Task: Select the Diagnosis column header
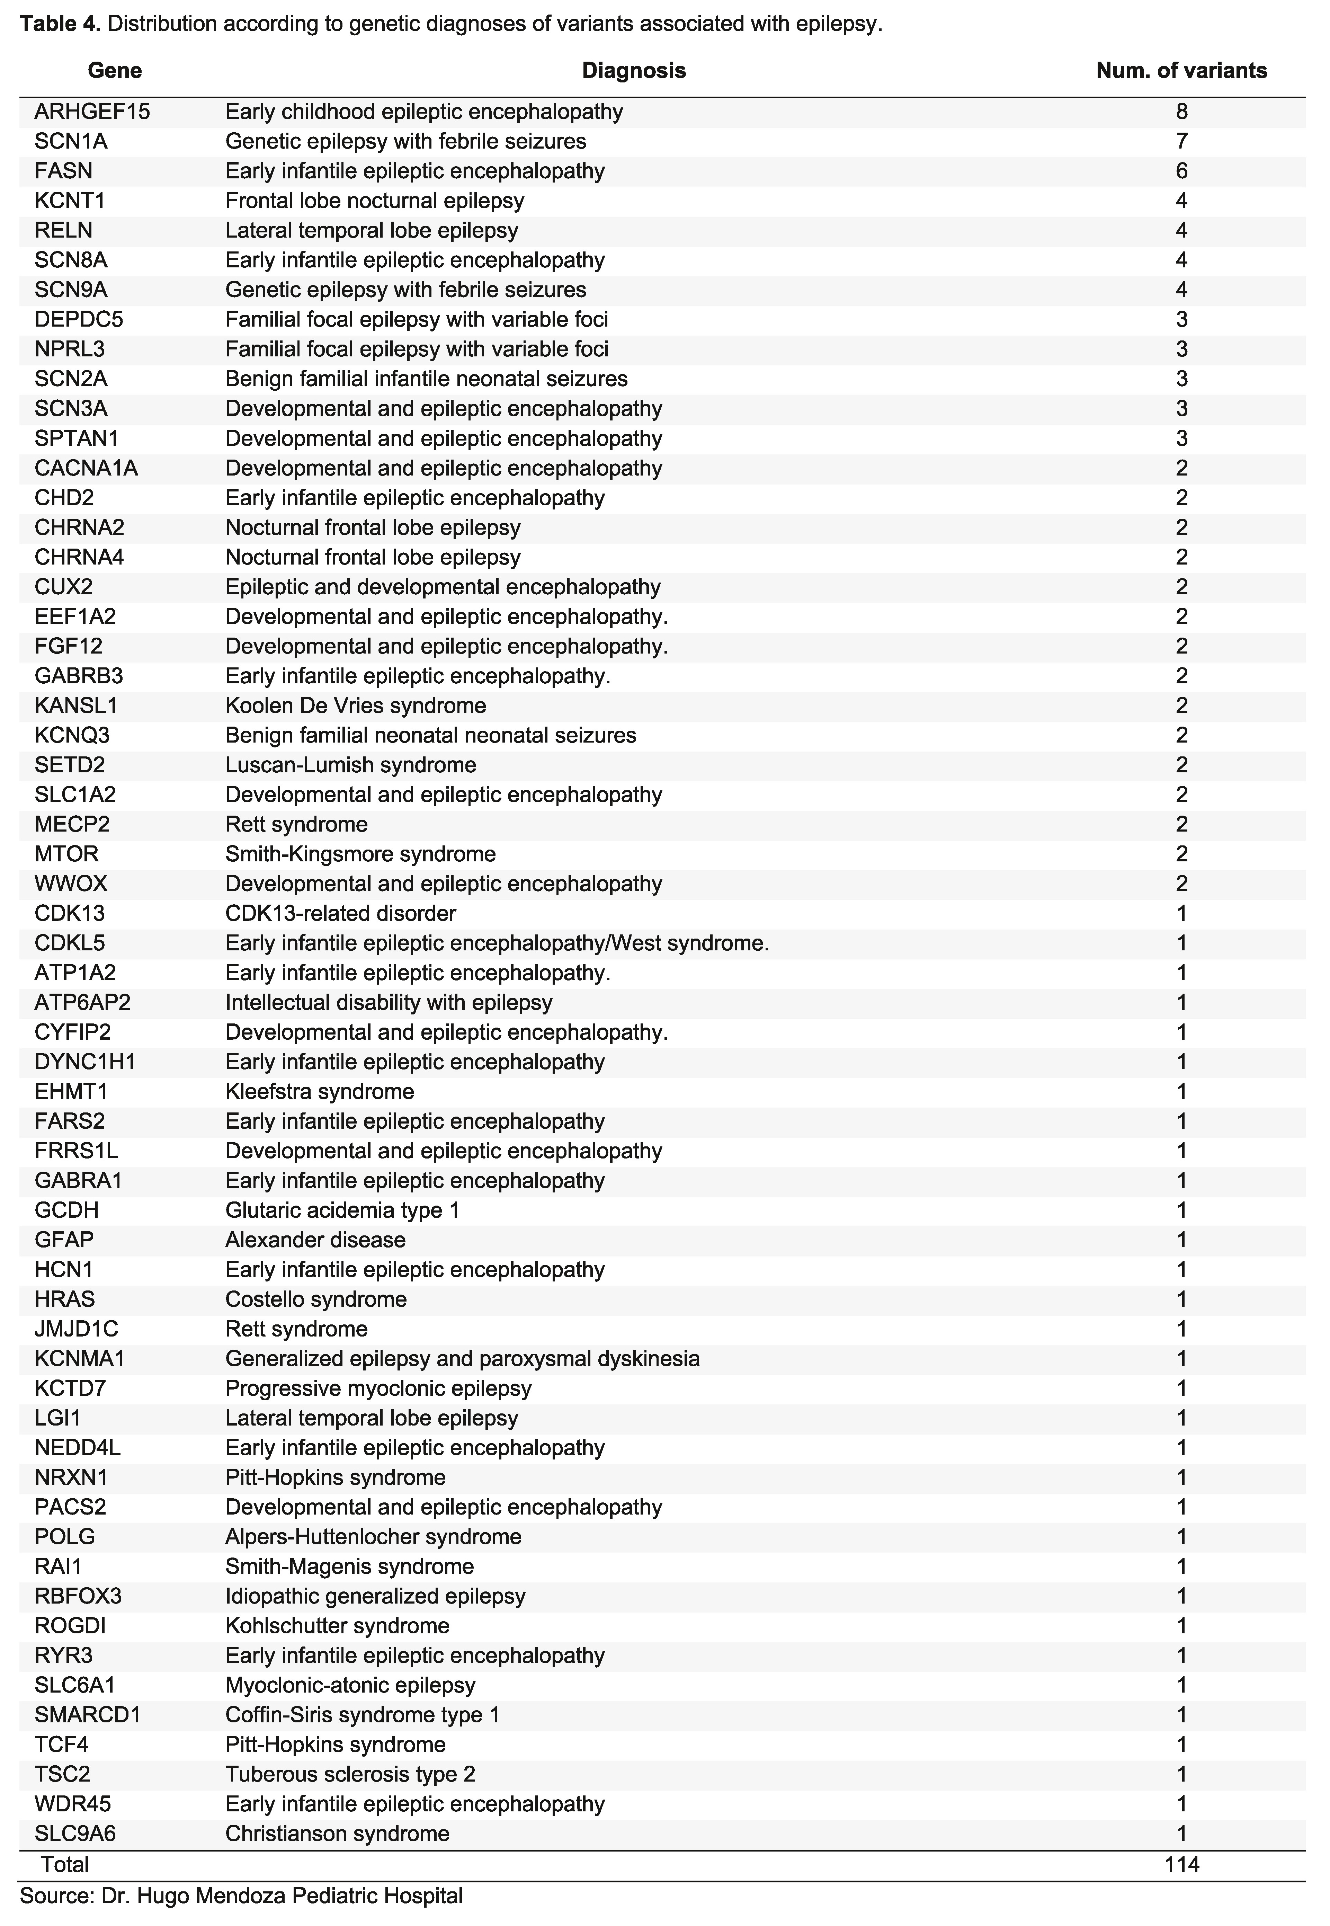tap(633, 71)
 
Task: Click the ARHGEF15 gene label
tap(92, 112)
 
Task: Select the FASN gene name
tap(64, 172)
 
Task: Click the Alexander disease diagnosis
tap(315, 1240)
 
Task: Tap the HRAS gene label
tap(65, 1299)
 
